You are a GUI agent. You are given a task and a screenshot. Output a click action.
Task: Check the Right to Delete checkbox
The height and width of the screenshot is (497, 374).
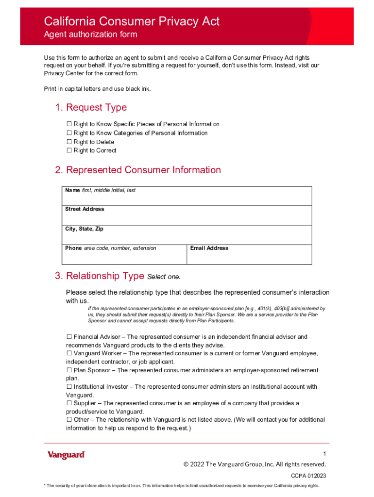click(x=69, y=142)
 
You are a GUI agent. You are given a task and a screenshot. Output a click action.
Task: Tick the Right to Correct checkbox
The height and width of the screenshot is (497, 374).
click(x=69, y=150)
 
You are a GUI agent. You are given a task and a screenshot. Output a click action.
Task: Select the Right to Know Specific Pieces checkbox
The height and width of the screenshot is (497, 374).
click(x=69, y=124)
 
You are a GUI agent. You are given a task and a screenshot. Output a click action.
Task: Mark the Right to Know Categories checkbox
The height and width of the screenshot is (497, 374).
click(x=69, y=133)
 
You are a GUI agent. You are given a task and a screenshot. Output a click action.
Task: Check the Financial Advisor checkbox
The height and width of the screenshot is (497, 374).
click(x=69, y=337)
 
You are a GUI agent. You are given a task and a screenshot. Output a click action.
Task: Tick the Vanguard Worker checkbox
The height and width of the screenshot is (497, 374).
click(x=69, y=353)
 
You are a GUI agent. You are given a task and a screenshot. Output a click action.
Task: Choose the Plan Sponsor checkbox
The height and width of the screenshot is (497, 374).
click(x=69, y=370)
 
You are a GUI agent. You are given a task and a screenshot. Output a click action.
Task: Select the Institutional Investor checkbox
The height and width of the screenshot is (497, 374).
click(x=69, y=387)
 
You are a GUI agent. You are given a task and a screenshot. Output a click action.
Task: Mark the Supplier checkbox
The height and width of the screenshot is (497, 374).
click(x=69, y=403)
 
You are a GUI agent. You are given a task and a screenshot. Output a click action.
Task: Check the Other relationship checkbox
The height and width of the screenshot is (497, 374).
click(x=69, y=420)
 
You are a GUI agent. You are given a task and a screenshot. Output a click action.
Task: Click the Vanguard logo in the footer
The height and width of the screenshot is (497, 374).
click(x=66, y=455)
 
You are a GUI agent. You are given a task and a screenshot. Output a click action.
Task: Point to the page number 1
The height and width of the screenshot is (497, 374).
click(x=324, y=454)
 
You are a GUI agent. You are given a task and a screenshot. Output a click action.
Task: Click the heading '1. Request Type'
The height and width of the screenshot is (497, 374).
click(x=91, y=107)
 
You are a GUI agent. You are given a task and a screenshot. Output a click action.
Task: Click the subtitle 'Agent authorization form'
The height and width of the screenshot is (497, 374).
click(x=91, y=34)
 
